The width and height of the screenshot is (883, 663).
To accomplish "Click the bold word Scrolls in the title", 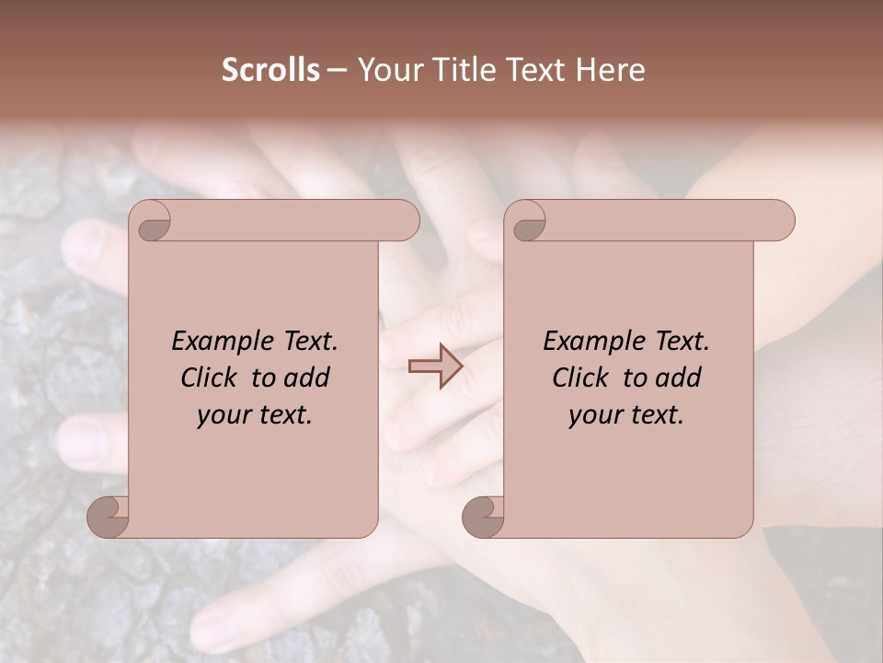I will point(271,70).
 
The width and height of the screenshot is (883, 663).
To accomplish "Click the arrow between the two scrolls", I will point(436,366).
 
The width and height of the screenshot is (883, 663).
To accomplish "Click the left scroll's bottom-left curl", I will point(108,516).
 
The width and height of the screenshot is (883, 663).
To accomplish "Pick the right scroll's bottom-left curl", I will point(483,516).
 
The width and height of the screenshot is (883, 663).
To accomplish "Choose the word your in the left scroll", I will point(223,416).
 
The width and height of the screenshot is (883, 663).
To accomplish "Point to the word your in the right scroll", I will point(594,416).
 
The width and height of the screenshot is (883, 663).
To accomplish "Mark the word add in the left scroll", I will point(308,378).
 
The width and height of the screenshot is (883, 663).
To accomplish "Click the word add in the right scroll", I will point(680,378).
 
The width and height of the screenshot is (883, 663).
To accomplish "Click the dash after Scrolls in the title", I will point(337,70).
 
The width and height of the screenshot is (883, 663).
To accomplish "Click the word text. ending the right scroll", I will point(655,416).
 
